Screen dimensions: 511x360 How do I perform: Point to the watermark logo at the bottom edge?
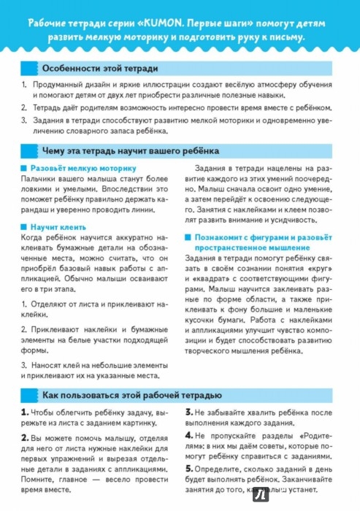pos(261,496)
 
